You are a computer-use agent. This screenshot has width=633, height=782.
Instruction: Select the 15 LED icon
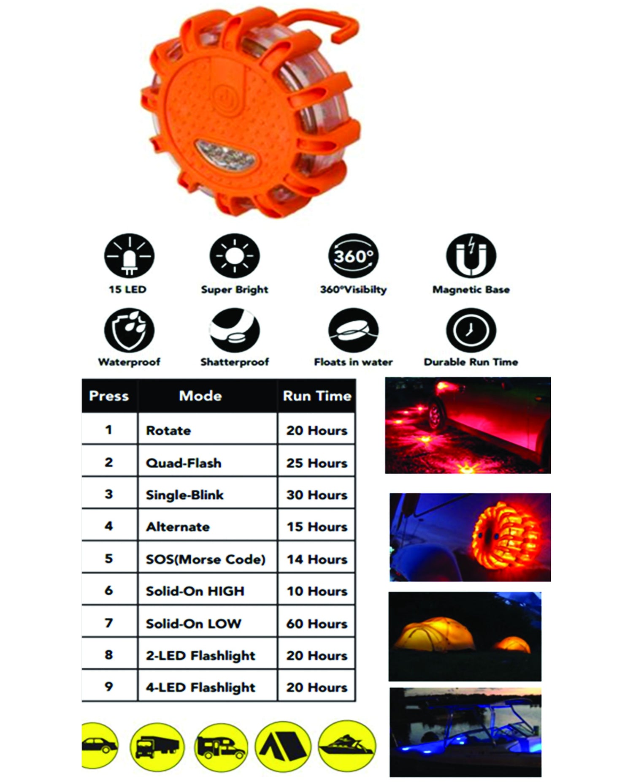pos(129,256)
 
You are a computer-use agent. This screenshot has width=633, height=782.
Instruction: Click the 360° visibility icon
pos(353,256)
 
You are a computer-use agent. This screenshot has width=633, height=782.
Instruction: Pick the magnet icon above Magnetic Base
pos(471,256)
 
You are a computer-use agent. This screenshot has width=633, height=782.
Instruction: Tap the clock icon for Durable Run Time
pos(471,330)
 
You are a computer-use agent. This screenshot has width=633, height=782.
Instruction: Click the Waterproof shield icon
pos(129,330)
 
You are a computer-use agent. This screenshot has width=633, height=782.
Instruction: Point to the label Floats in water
pos(353,362)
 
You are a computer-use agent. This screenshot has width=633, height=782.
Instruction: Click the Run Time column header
pos(317,396)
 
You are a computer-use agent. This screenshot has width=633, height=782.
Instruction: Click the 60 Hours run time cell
pos(317,624)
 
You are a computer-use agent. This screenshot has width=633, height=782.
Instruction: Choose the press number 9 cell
pos(109,687)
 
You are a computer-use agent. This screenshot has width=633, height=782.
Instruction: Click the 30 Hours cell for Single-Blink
pos(317,495)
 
